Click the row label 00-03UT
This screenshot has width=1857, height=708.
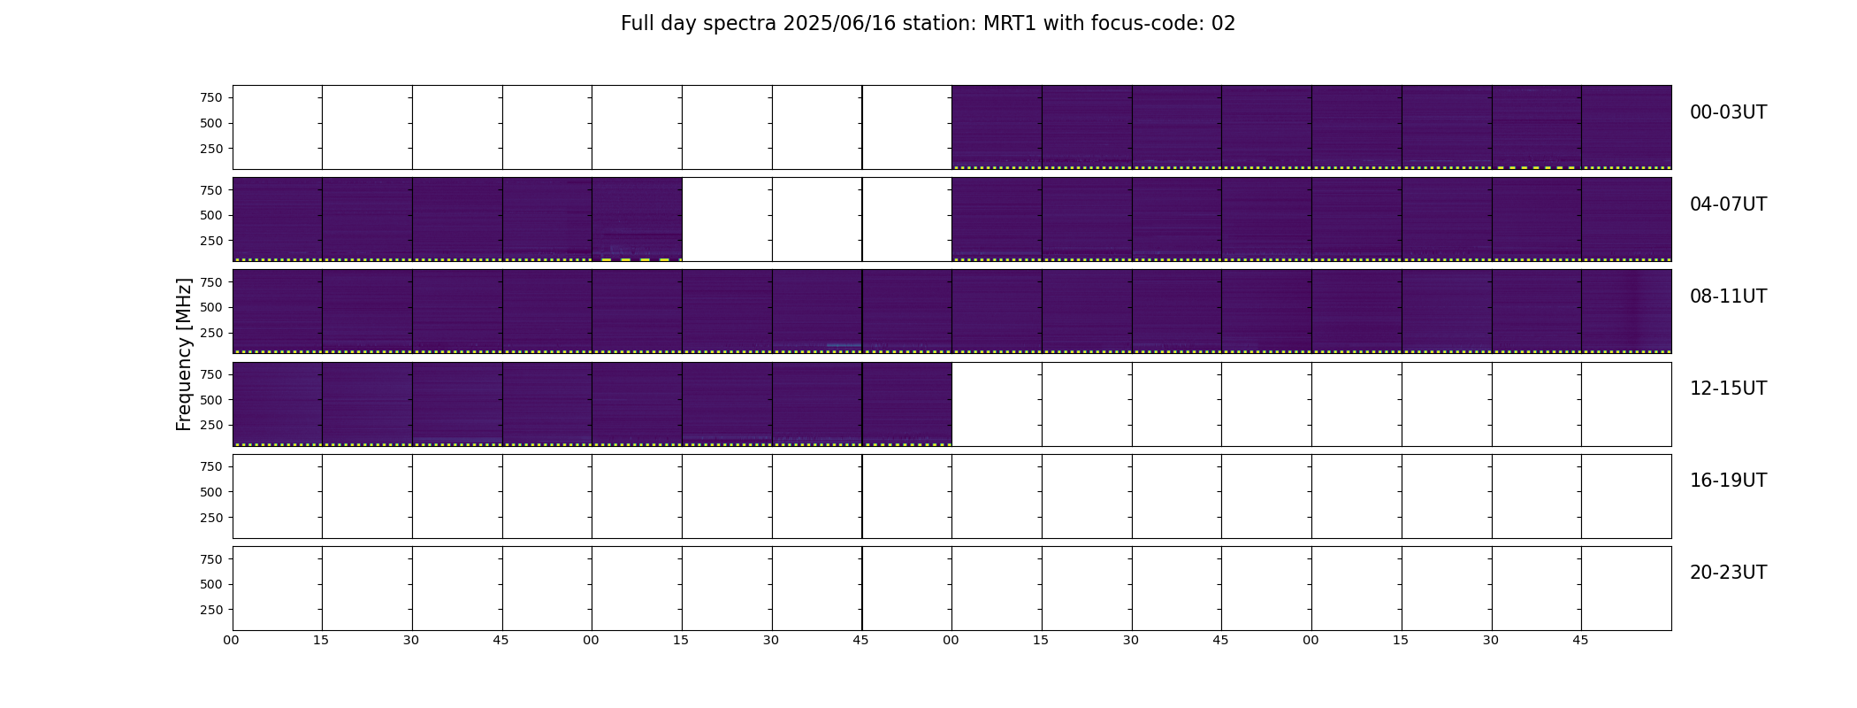[x=1728, y=112]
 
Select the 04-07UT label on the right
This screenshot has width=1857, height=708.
[x=1728, y=204]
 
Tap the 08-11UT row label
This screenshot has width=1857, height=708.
[x=1728, y=296]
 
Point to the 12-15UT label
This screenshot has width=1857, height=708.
[x=1728, y=389]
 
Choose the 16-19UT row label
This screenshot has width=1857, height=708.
[x=1728, y=481]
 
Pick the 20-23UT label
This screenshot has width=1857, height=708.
[x=1728, y=573]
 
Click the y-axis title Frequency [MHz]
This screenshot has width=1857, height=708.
[x=184, y=355]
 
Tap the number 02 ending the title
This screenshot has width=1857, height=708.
[x=1224, y=24]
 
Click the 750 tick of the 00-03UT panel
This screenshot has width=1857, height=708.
[x=212, y=97]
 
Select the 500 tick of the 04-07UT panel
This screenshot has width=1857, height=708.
[x=212, y=215]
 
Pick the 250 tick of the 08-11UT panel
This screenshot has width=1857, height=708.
[x=212, y=333]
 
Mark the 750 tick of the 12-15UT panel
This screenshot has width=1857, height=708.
[x=212, y=374]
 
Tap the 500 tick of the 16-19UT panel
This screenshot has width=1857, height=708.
[x=212, y=492]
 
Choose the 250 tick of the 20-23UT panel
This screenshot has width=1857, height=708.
[x=212, y=610]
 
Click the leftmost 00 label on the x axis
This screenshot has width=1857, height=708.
[x=232, y=640]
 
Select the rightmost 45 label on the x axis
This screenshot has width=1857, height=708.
[x=1581, y=640]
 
